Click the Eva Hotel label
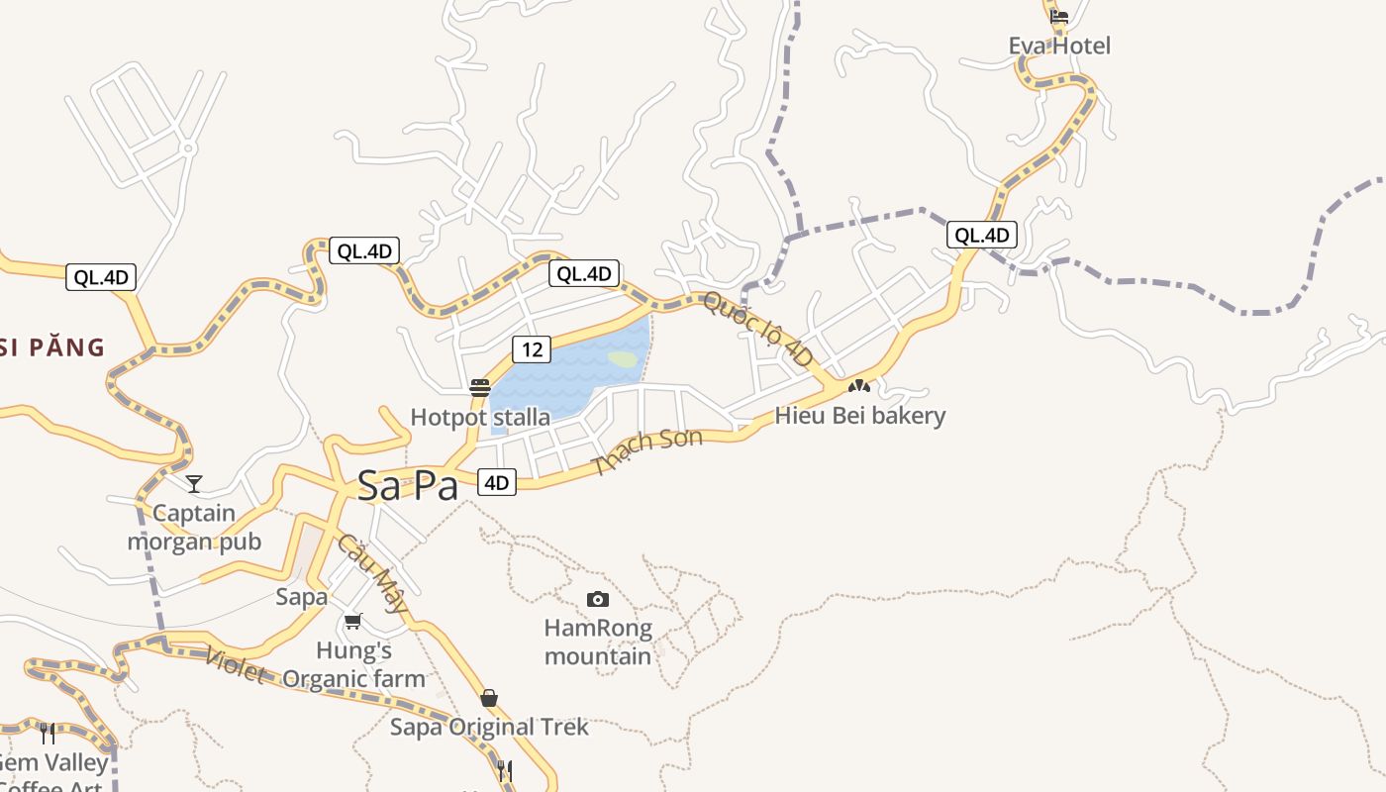pos(1059,46)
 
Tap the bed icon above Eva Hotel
pos(1059,16)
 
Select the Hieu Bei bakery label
pos(860,416)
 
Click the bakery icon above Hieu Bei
pos(858,387)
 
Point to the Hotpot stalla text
pos(480,418)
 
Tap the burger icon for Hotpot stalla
pos(480,387)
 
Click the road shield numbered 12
pos(532,348)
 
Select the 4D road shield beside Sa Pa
pos(496,482)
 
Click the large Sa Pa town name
pos(408,485)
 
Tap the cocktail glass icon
pos(194,484)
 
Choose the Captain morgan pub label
pos(194,528)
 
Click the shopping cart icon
pos(353,621)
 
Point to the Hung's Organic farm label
pos(353,664)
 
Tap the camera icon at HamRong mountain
pos(598,599)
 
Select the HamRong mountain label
pos(598,642)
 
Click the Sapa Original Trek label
pos(489,727)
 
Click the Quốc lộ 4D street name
pos(757,330)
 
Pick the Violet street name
pos(236,666)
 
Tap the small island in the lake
pos(623,358)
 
